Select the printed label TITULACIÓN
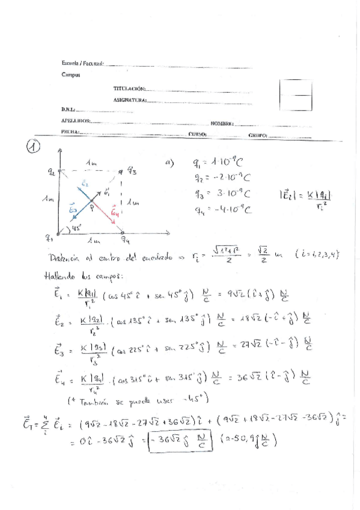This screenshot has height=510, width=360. (x=129, y=88)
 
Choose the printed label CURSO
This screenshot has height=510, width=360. (x=198, y=135)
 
